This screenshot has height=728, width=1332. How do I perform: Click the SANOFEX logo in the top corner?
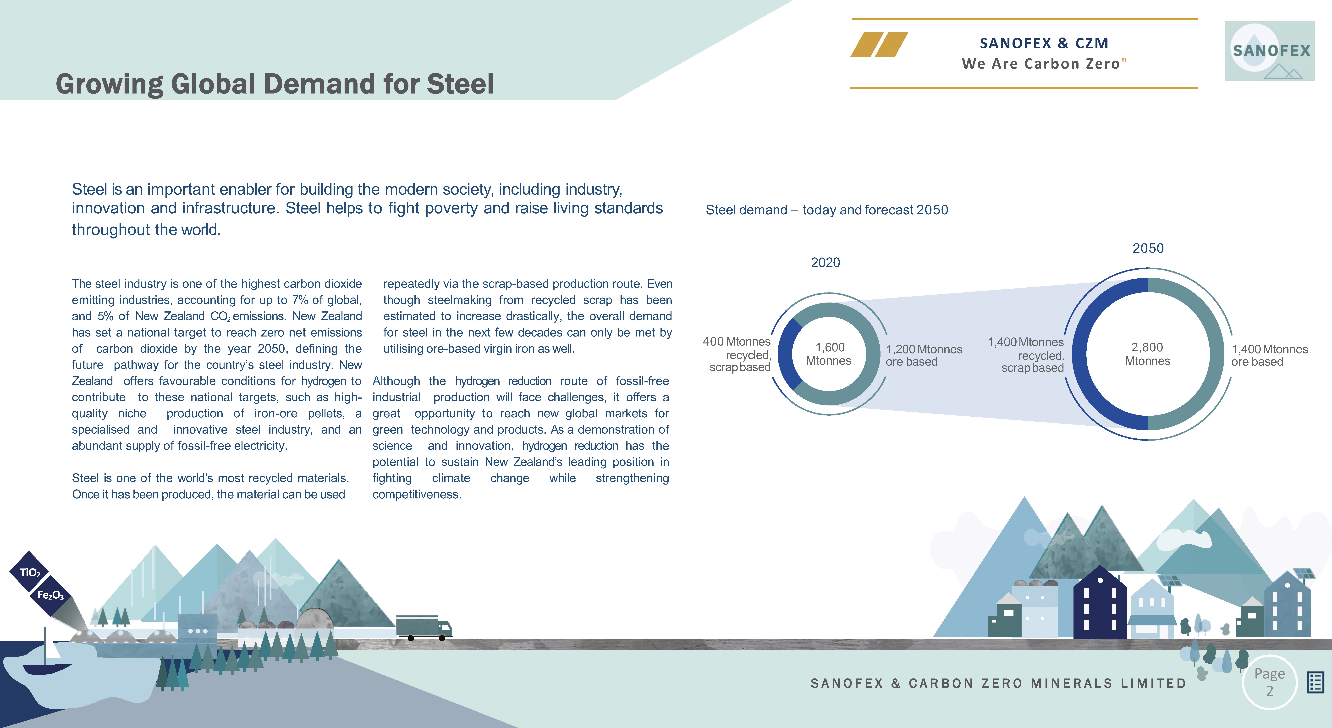1269,51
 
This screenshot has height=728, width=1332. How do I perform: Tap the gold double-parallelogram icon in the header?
879,44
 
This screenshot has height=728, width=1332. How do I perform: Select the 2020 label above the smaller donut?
825,263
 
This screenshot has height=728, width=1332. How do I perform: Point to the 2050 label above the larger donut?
1148,248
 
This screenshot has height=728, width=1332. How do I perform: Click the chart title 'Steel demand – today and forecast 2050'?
826,210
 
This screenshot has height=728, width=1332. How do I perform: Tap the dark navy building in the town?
1100,610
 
